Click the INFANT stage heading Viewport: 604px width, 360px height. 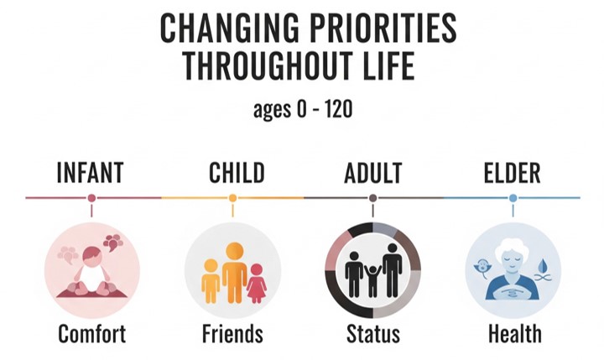(x=90, y=173)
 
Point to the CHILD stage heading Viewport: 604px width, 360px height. (x=237, y=173)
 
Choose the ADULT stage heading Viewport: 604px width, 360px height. (x=372, y=173)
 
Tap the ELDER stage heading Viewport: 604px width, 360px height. (x=512, y=173)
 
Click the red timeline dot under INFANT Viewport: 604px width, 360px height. (x=91, y=198)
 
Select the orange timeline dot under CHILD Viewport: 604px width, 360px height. (x=232, y=198)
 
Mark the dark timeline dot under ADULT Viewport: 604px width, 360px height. (x=372, y=198)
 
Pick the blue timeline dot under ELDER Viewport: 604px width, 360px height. (x=513, y=198)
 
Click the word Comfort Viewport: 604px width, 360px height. (x=91, y=334)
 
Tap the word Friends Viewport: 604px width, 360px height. (x=232, y=334)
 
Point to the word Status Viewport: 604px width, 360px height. (x=372, y=334)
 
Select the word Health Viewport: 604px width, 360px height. (x=515, y=334)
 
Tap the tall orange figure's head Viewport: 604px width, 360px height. (x=235, y=251)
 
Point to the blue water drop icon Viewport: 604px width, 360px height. (x=543, y=265)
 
